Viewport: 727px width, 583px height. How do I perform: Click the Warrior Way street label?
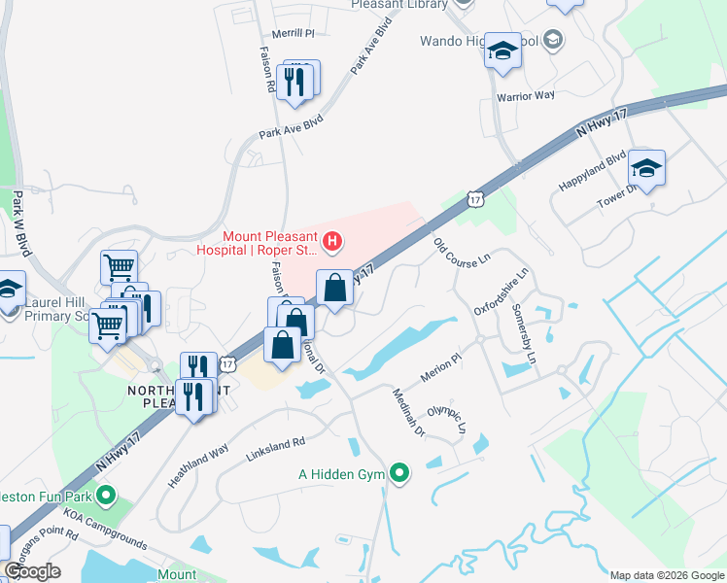tap(525, 96)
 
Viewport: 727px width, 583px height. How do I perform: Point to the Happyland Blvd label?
tap(591, 172)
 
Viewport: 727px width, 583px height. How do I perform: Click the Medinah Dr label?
tap(407, 412)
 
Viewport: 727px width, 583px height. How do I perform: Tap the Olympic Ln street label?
tap(448, 419)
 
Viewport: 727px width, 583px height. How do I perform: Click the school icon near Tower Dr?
tap(646, 168)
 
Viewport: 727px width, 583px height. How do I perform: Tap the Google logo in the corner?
tap(32, 571)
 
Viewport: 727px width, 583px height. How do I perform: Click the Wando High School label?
tap(476, 42)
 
